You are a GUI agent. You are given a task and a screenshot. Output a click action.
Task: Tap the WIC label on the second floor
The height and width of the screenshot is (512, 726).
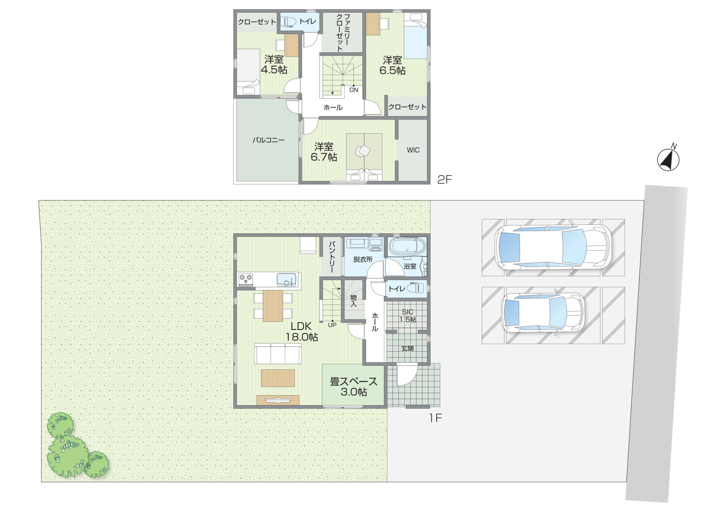[413, 150]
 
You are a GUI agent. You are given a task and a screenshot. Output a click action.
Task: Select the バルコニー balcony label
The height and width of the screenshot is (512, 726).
[269, 140]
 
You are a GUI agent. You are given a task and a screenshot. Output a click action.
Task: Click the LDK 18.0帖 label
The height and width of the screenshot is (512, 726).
[302, 331]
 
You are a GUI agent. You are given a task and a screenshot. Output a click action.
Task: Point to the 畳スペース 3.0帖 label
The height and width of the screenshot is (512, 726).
[354, 386]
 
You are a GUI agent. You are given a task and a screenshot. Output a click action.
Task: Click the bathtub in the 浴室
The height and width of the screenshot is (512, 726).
[407, 247]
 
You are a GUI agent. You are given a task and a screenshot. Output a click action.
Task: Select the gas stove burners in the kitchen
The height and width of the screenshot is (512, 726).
[246, 278]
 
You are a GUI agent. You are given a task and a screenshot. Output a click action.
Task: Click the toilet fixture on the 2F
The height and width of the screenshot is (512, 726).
[290, 22]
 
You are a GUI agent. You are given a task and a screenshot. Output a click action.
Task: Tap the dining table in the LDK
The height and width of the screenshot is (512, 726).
[273, 306]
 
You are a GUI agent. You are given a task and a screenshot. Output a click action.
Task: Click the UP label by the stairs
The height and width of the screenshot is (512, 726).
[332, 325]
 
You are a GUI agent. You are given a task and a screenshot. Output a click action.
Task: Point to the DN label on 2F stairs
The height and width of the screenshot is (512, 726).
[354, 90]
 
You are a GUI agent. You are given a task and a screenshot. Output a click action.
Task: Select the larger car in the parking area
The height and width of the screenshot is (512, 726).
[552, 247]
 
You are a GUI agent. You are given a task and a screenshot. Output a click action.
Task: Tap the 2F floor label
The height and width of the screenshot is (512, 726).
[444, 180]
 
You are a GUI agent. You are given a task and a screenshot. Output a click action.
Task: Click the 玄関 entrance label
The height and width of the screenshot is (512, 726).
[407, 349]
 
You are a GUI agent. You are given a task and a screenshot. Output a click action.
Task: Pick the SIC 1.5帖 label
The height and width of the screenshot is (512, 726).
[408, 316]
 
